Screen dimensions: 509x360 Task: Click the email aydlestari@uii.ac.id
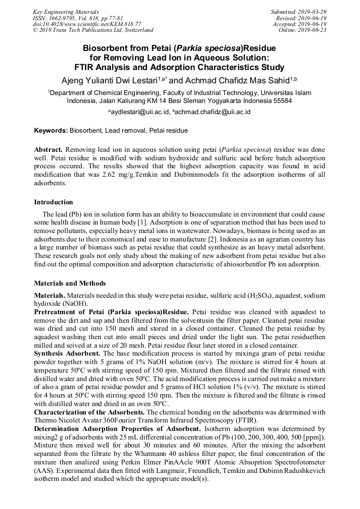[139, 112]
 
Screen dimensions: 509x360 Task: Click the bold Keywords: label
[51, 130]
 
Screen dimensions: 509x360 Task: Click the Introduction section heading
[54, 202]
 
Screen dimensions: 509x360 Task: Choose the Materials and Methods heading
[70, 283]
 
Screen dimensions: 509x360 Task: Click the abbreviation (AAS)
[45, 471]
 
